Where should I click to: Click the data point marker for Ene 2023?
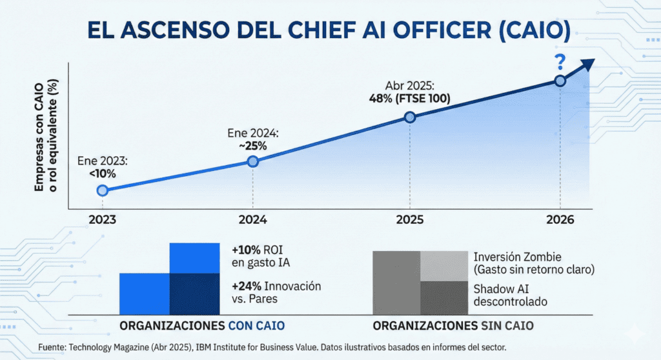(x=102, y=190)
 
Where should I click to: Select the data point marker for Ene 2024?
(x=253, y=161)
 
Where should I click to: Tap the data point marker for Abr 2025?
(x=409, y=117)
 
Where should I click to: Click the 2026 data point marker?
(x=560, y=81)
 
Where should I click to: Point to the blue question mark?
(x=560, y=63)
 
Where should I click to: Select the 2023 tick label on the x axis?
(x=102, y=219)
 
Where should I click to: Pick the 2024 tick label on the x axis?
(x=253, y=219)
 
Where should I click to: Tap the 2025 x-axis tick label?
(x=409, y=219)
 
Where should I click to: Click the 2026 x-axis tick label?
(x=560, y=219)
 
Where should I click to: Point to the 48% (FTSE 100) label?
(x=409, y=99)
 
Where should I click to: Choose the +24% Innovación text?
(x=276, y=286)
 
